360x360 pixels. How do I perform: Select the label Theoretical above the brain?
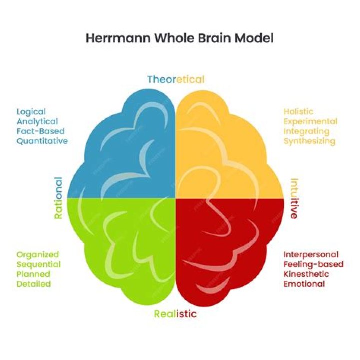point(176,79)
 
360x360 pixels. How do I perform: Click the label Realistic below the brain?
point(175,314)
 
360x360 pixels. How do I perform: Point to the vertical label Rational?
point(58,198)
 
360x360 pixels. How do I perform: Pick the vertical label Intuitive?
point(294,198)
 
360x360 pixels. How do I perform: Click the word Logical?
point(31,112)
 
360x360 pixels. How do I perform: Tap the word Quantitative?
point(42,141)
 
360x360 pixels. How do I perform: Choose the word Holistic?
point(299,112)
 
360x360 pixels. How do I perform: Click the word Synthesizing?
point(310,141)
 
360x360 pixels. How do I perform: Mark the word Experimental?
point(310,121)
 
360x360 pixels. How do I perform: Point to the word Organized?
point(37,255)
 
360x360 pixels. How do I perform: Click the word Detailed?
point(34,284)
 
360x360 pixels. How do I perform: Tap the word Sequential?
point(38,264)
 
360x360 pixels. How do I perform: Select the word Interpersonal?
point(311,255)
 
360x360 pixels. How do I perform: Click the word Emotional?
point(304,284)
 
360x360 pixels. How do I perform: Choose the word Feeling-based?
point(312,264)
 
